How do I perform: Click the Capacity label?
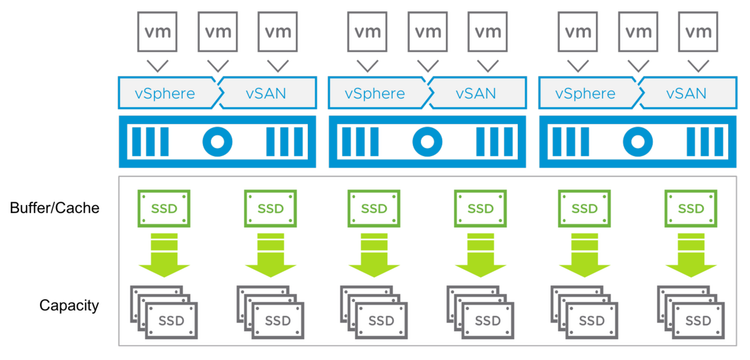(x=69, y=305)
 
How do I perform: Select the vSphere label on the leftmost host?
(x=165, y=94)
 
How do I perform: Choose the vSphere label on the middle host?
(x=375, y=94)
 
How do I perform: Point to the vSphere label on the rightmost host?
(x=585, y=94)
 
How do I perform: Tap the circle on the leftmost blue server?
(x=217, y=142)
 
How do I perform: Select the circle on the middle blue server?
(x=427, y=142)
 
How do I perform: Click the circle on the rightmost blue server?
(x=637, y=142)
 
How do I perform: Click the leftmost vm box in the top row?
(x=158, y=32)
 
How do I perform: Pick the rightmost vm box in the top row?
(x=697, y=32)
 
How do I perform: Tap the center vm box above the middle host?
(x=427, y=32)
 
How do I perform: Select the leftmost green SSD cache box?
(x=163, y=209)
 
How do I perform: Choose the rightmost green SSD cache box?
(x=691, y=209)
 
